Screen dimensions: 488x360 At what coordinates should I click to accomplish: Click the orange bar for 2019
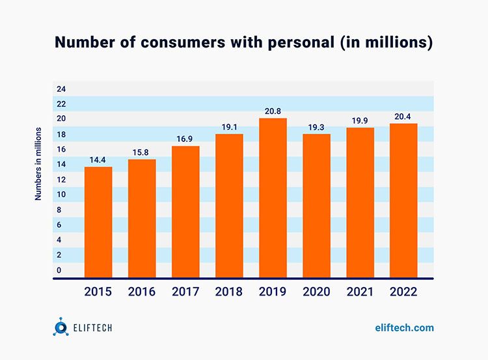[273, 198]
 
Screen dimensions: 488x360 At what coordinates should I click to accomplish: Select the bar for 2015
[98, 222]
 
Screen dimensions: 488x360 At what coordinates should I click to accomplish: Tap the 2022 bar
[403, 201]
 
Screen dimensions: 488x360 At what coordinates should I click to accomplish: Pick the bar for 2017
[185, 212]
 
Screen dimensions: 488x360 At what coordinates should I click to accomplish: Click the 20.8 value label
[273, 111]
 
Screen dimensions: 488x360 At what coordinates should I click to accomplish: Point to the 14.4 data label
[98, 160]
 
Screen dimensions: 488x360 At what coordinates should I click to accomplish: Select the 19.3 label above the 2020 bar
[316, 128]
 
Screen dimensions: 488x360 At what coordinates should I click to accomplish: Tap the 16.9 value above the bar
[185, 139]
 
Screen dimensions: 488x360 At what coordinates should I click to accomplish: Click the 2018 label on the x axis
[229, 292]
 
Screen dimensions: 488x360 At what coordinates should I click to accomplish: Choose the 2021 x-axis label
[360, 292]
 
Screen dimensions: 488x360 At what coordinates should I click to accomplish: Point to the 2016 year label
[142, 292]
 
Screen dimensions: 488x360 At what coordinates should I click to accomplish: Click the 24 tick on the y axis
[61, 89]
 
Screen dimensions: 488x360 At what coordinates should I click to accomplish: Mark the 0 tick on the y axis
[59, 270]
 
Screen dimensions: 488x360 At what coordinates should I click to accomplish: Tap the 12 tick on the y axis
[61, 180]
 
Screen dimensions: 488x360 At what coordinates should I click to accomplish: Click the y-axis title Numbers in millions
[38, 164]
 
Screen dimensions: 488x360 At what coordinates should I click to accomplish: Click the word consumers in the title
[182, 42]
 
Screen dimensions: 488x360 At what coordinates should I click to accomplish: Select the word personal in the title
[301, 43]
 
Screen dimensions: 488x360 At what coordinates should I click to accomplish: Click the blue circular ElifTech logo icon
[61, 327]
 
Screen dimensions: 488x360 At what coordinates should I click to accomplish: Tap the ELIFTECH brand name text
[93, 328]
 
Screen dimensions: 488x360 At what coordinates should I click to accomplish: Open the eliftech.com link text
[404, 327]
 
